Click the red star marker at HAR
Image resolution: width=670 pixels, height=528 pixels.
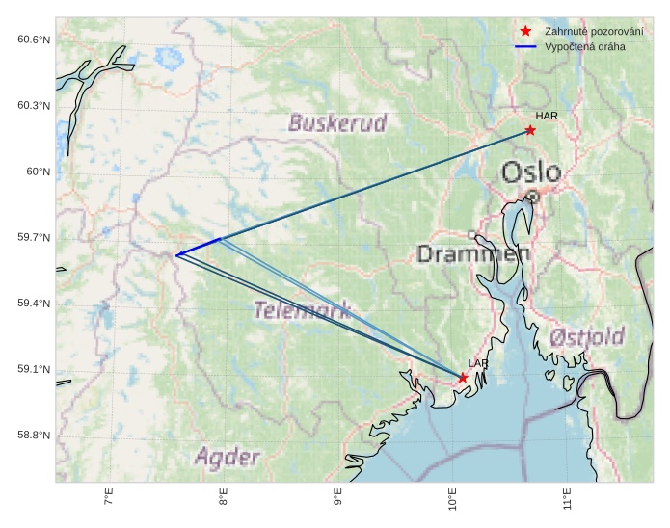pyautogui.click(x=530, y=130)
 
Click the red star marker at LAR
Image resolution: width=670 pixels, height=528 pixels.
pyautogui.click(x=463, y=378)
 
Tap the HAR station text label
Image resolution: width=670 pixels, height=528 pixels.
pyautogui.click(x=547, y=116)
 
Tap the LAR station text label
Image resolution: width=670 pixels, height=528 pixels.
pyautogui.click(x=478, y=363)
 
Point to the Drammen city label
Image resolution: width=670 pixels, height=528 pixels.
pyautogui.click(x=473, y=254)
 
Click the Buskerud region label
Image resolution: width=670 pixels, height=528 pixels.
pyautogui.click(x=337, y=123)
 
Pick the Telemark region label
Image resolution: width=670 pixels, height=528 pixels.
pyautogui.click(x=302, y=310)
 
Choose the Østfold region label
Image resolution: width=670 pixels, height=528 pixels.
pyautogui.click(x=587, y=338)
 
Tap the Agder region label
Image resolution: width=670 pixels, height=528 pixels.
pyautogui.click(x=228, y=457)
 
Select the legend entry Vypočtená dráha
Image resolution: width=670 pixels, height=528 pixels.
pyautogui.click(x=584, y=46)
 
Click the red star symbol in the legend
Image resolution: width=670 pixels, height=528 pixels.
pyautogui.click(x=525, y=31)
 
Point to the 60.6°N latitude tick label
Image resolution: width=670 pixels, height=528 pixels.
pyautogui.click(x=33, y=40)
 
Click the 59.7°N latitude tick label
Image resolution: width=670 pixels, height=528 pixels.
pyautogui.click(x=33, y=238)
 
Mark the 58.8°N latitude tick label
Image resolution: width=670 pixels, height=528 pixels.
pyautogui.click(x=33, y=436)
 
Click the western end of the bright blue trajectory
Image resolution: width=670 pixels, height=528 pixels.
pyautogui.click(x=177, y=254)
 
